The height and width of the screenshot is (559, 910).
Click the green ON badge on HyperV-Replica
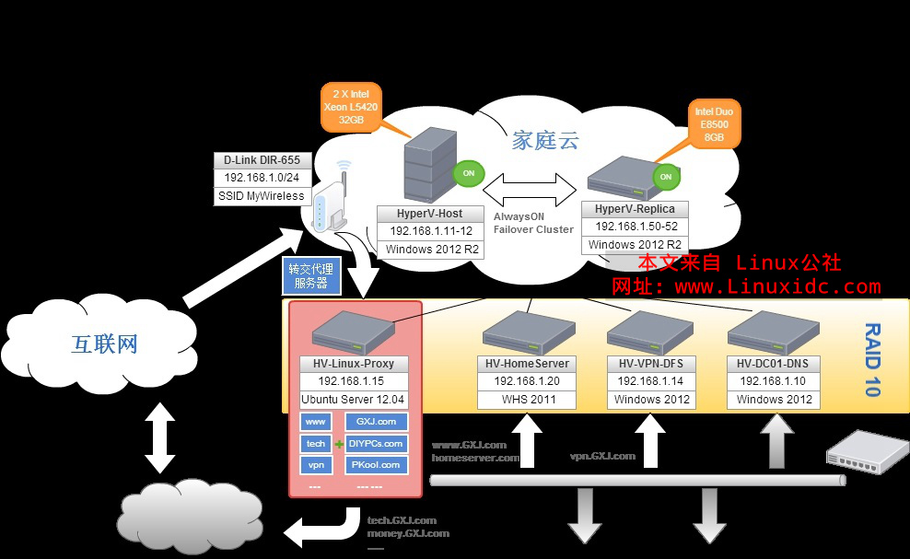click(664, 176)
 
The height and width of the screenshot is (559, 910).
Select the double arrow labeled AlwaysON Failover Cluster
click(527, 191)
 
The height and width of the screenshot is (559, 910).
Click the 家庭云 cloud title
click(546, 141)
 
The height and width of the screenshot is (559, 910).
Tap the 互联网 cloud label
click(104, 344)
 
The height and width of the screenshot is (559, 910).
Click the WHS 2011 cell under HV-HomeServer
click(528, 400)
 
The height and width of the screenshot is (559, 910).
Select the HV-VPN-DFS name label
click(650, 365)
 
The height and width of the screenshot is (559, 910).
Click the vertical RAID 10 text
click(870, 359)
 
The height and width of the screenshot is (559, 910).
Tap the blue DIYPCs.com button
click(376, 443)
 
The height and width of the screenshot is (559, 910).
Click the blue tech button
click(316, 443)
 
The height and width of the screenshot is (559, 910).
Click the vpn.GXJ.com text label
click(602, 456)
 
